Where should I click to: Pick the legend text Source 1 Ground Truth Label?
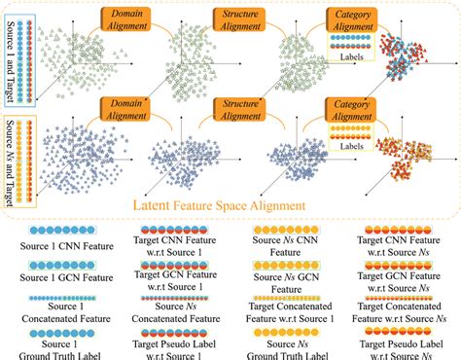[54, 347]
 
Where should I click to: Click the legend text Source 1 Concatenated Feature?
[54, 311]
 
